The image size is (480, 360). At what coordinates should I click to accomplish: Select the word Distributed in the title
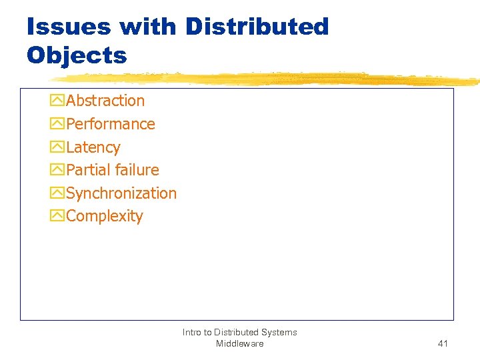coord(257,27)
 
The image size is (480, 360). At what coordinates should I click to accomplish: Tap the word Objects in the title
coord(77,55)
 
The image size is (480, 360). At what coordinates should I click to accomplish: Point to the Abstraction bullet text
coord(105,101)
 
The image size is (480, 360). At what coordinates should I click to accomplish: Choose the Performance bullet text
coord(111,124)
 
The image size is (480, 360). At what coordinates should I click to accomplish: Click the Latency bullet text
coord(93,147)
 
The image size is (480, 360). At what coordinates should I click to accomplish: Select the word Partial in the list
coord(87,170)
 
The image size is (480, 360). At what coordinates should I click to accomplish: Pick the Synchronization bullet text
coord(121,193)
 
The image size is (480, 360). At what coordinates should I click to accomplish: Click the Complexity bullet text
coord(105,217)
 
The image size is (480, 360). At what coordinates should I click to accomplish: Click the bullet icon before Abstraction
coord(57,101)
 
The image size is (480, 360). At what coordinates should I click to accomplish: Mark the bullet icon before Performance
coord(57,124)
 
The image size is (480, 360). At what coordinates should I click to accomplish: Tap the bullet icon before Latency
coord(57,147)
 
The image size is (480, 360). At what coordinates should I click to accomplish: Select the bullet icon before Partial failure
coord(57,171)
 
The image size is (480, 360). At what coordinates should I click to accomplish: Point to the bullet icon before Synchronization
coord(57,193)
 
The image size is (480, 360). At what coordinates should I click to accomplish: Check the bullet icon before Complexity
coord(57,217)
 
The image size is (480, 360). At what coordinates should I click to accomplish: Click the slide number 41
coord(443,344)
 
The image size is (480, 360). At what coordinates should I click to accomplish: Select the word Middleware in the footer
coord(239,344)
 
